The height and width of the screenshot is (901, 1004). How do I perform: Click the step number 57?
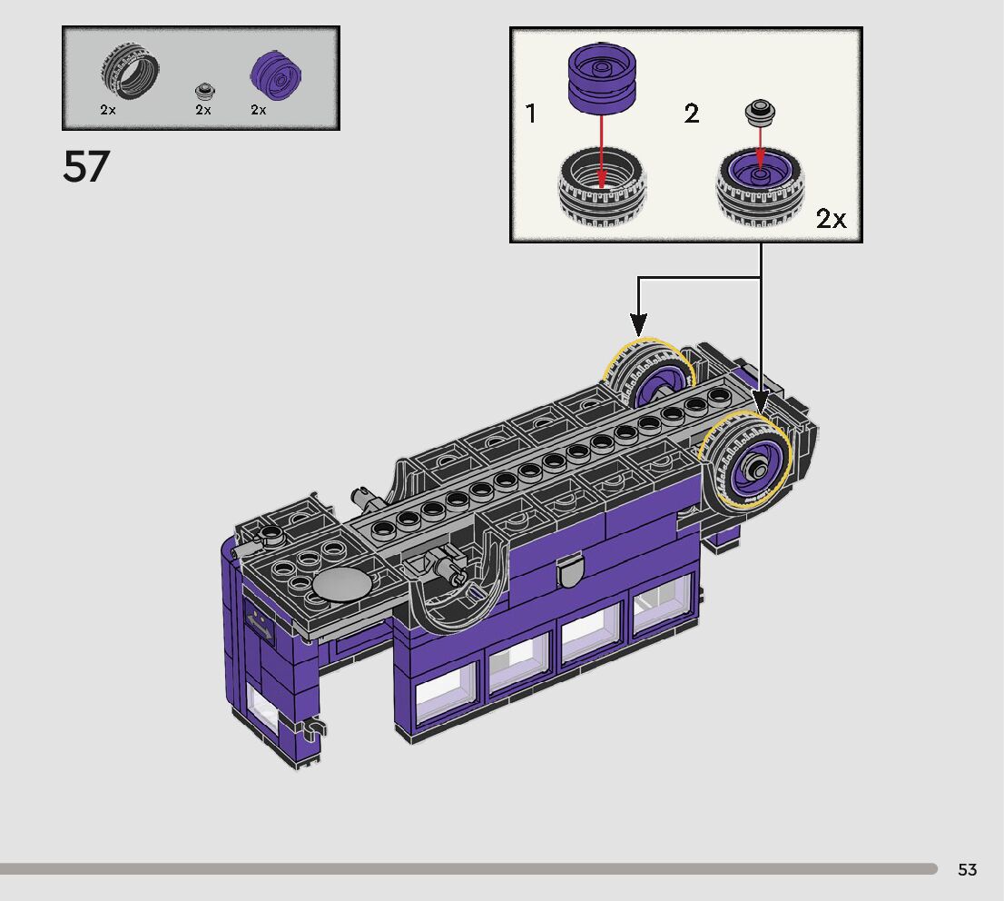pos(86,166)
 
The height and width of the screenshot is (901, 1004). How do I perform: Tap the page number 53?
pos(967,869)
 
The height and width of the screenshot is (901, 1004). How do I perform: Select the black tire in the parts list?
pos(129,71)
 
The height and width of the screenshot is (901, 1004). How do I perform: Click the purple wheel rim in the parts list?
pos(276,75)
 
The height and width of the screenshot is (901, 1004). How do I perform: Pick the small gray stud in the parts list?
pos(205,92)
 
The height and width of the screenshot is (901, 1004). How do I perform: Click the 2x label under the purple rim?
pos(259,110)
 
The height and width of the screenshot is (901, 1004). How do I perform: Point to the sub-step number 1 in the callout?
pos(530,114)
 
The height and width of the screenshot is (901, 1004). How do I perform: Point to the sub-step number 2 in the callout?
pos(692,114)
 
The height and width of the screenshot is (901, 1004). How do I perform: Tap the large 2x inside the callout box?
pos(831,219)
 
